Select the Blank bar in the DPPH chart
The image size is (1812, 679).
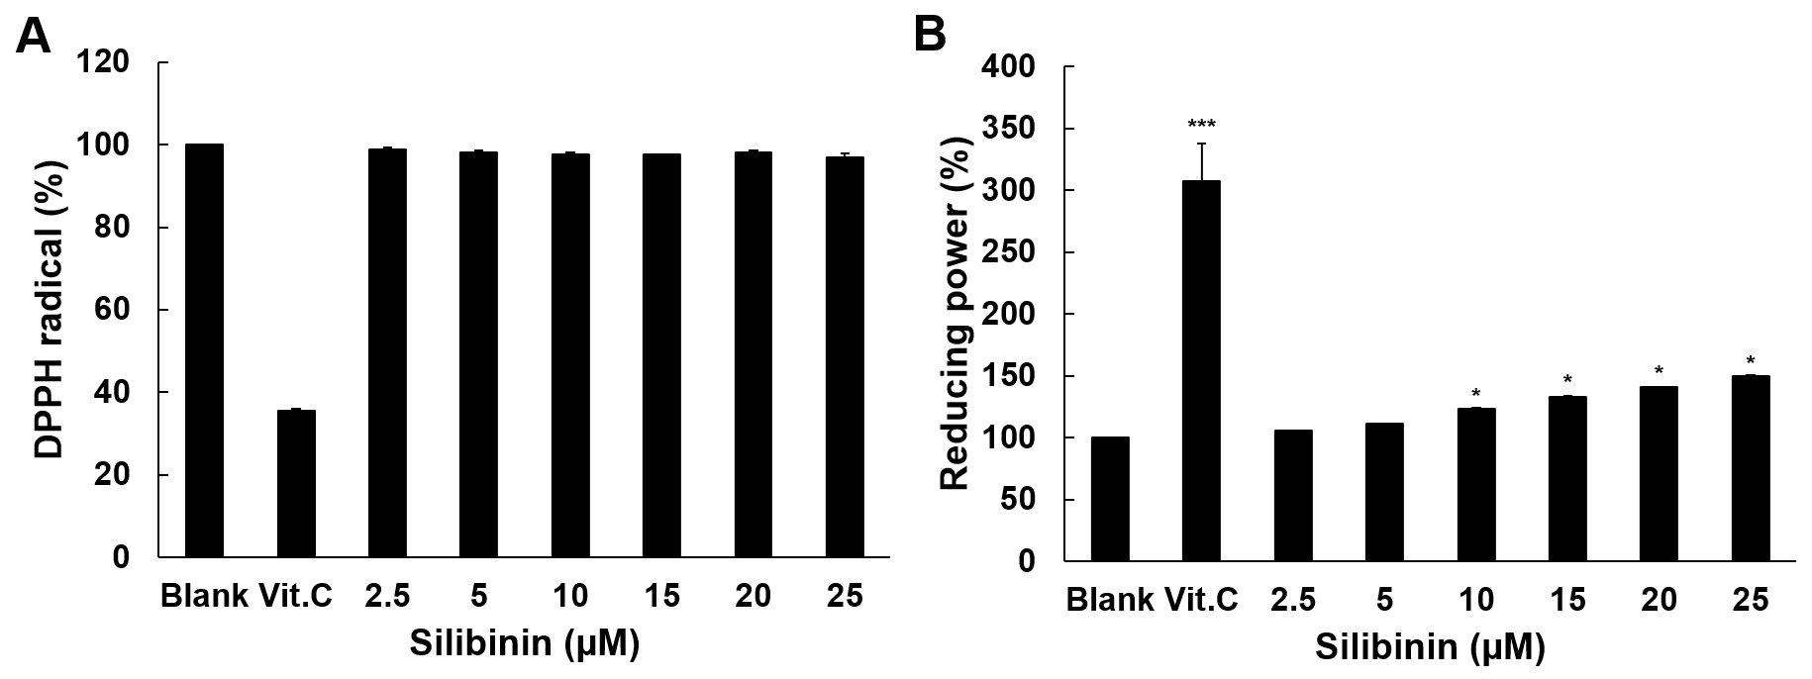204,350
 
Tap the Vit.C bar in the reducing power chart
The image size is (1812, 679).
1200,371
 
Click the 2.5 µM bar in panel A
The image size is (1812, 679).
387,352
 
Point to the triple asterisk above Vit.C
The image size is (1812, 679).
1201,125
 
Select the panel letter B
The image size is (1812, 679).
930,37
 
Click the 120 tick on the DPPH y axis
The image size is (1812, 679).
109,63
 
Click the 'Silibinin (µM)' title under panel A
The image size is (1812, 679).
524,644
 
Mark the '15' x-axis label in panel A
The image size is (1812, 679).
661,597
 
